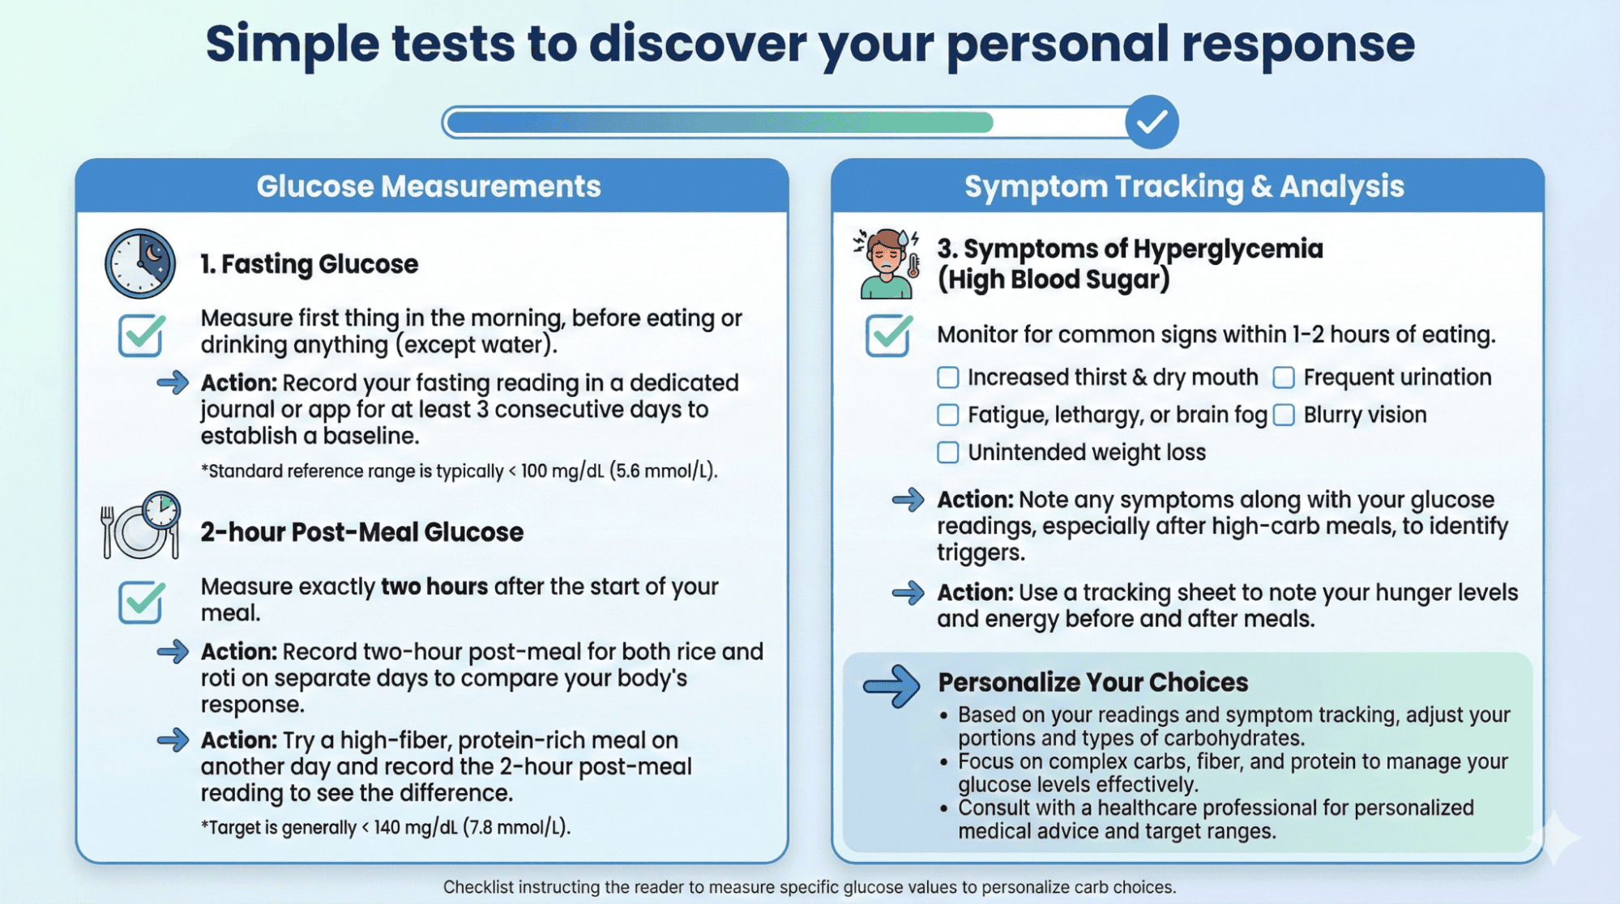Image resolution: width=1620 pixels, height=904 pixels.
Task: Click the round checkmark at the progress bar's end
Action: coord(1152,122)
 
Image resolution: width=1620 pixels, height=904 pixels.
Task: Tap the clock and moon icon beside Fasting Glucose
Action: coord(140,263)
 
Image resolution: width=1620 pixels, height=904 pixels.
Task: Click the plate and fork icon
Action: coord(140,526)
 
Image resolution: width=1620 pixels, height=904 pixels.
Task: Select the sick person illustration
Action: coord(887,263)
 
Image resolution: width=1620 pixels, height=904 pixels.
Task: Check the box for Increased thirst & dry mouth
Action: coord(947,377)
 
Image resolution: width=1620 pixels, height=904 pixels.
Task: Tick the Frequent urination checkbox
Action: coord(1284,377)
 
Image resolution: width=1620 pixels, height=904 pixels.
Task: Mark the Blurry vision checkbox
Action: coord(1284,415)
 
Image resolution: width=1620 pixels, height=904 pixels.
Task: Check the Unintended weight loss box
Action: coord(947,452)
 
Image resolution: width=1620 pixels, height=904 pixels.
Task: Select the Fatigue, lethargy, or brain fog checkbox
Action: coord(947,415)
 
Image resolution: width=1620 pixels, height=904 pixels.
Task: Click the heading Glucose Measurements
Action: coord(429,186)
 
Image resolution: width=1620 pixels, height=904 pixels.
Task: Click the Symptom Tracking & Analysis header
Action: coord(1184,186)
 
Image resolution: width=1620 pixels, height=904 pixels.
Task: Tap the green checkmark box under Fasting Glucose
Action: coord(142,335)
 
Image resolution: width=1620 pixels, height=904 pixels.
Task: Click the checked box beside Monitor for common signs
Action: coord(888,335)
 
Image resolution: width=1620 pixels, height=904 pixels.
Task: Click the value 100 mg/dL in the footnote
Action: coord(562,471)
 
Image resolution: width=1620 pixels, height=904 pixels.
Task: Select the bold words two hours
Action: coord(434,586)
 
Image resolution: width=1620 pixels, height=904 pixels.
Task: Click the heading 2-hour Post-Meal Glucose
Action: coord(362,532)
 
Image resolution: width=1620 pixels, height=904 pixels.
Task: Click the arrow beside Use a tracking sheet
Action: coord(908,593)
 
